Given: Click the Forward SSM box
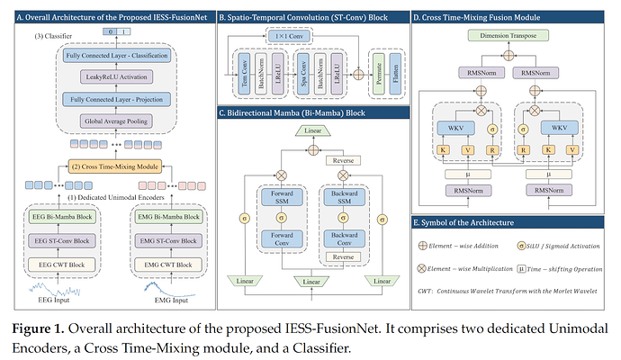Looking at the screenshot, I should click(x=276, y=198).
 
